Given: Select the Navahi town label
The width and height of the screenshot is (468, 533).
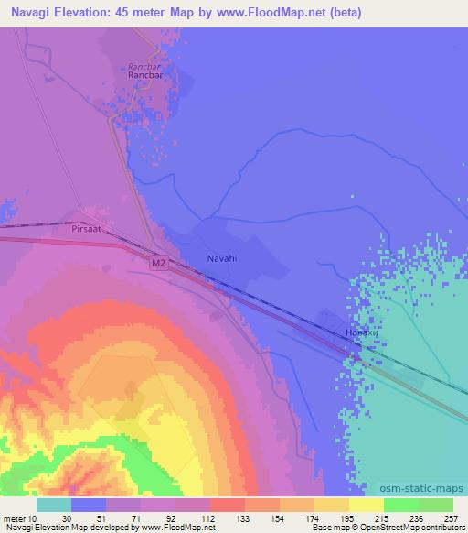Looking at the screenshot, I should coord(221,259).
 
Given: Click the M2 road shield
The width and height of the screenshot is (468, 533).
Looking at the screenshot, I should coord(158,263).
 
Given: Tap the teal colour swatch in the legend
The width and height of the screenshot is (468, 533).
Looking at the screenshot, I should coord(54,505).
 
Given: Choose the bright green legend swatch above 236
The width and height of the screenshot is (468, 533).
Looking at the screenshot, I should coord(400,505).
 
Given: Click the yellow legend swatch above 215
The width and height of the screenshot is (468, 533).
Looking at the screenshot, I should coord(366,505).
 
